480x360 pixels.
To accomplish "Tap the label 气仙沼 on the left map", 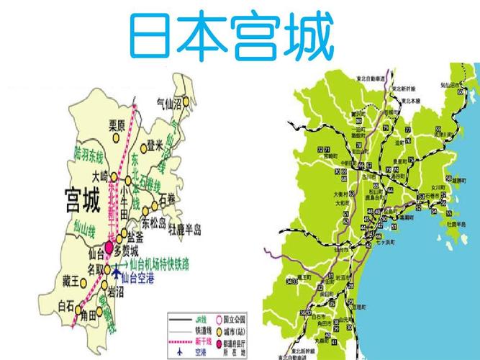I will (x=171, y=103).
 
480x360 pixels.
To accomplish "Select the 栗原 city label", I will (x=117, y=124).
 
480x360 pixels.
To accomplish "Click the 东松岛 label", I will (x=153, y=221).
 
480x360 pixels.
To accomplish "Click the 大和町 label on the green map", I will (x=339, y=203).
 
